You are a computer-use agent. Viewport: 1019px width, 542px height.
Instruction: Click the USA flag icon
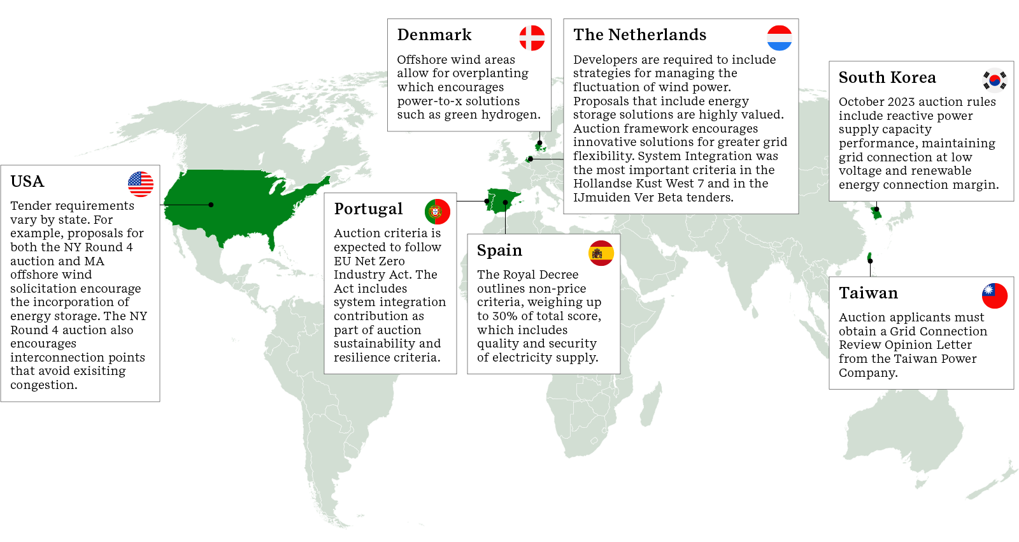[x=141, y=184]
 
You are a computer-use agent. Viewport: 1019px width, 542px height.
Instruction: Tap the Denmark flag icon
[x=532, y=38]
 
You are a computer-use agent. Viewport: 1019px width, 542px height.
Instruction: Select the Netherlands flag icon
[x=780, y=38]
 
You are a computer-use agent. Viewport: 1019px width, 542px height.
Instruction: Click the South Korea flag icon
[x=995, y=80]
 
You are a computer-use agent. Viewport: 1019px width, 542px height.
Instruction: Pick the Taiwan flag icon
[x=995, y=296]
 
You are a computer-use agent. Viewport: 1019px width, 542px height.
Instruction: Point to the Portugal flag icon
[x=438, y=212]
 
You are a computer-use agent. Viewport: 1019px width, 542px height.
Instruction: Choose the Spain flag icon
[x=601, y=253]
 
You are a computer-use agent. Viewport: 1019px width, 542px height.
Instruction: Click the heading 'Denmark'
[x=434, y=35]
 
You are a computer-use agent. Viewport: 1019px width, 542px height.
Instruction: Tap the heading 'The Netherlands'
[x=639, y=35]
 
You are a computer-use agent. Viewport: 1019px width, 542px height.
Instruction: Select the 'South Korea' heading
[x=887, y=78]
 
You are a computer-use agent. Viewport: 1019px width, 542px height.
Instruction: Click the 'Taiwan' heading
[x=868, y=293]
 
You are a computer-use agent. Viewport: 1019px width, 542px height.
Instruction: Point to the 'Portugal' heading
[x=368, y=209]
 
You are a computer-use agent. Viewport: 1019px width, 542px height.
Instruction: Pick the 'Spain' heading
[x=499, y=251]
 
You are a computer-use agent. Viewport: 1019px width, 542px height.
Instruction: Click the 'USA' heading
[x=27, y=182]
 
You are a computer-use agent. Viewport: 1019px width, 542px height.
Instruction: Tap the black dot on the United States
[x=211, y=205]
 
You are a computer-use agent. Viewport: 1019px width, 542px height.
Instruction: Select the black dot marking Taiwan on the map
[x=870, y=261]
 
